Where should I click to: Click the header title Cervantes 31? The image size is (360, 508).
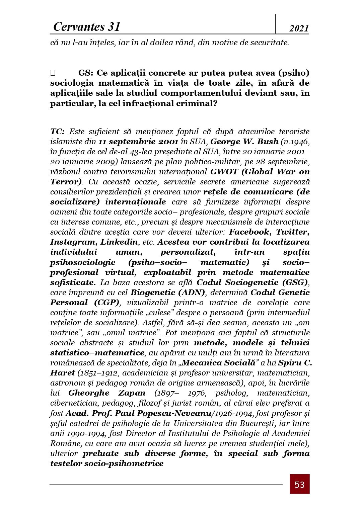87,27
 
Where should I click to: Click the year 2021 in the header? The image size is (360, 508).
299,29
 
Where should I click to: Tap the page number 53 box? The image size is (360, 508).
299,484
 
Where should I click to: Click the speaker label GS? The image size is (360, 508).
86,73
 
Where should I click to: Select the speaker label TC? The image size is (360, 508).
58,132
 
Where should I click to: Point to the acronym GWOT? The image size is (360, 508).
224,172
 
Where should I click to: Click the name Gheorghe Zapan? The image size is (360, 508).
107,393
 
